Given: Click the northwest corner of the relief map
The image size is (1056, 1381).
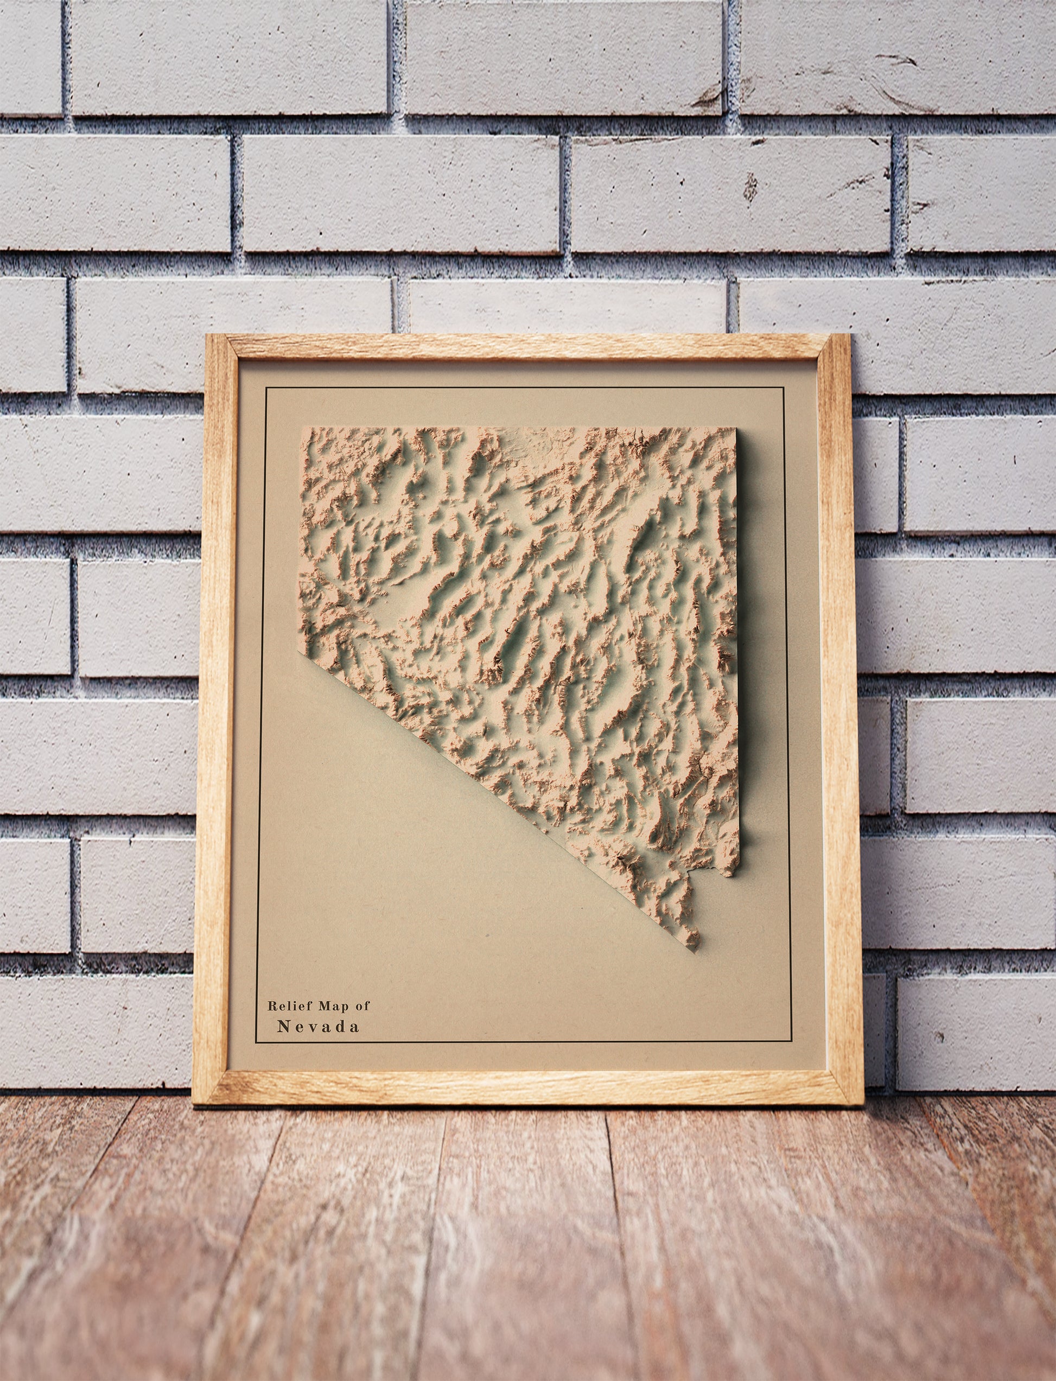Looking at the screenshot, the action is tap(301, 428).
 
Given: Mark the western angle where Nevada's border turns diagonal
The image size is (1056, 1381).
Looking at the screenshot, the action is tap(297, 654).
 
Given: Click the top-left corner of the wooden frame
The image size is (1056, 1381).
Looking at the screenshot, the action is tap(208, 335).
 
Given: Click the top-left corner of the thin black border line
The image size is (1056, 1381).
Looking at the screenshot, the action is tap(266, 389).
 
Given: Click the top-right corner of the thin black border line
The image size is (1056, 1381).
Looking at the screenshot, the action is tap(783, 389).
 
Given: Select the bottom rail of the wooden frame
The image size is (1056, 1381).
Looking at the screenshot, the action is tap(528, 1087).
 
